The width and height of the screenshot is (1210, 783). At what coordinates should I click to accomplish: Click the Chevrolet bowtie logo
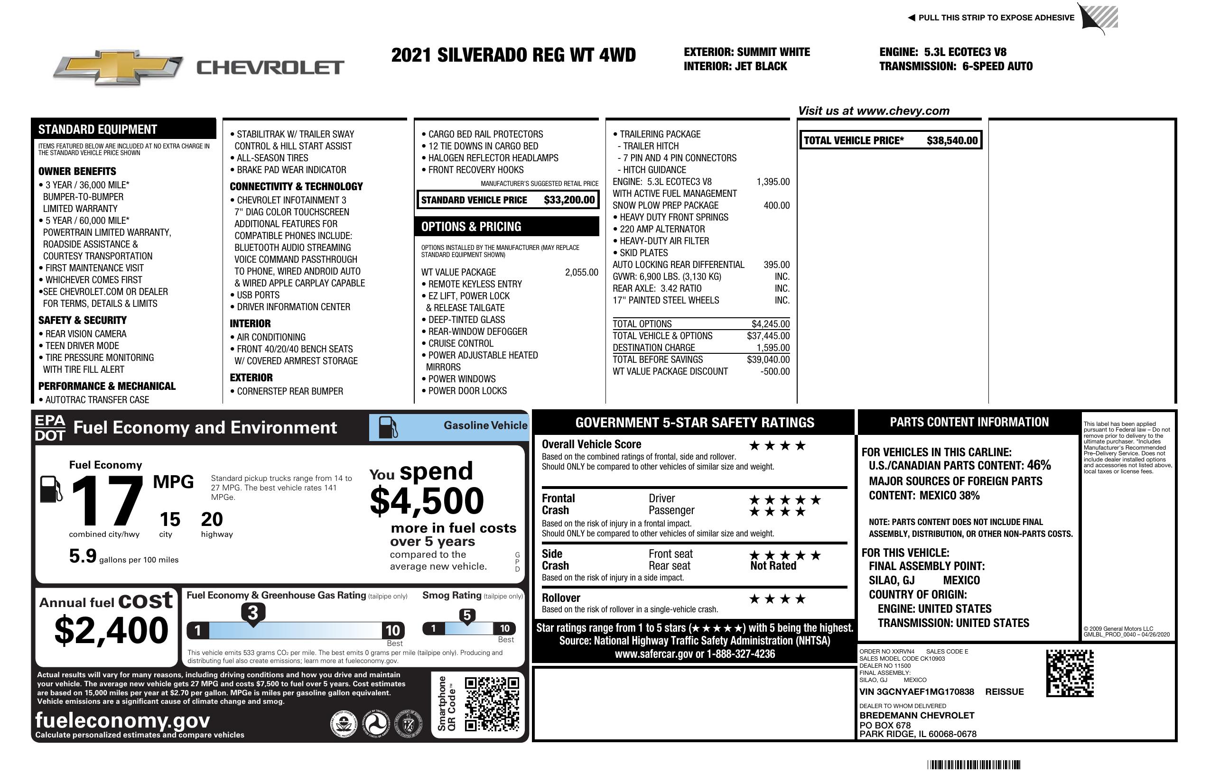[118, 67]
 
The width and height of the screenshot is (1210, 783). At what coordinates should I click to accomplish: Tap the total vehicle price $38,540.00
[952, 141]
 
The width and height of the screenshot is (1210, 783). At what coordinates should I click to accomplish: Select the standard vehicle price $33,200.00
[569, 200]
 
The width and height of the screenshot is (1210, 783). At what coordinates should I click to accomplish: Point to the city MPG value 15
[170, 519]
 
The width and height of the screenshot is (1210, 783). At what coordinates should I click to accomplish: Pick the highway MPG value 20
[212, 519]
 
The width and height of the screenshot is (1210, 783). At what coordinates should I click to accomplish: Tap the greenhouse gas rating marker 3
[252, 613]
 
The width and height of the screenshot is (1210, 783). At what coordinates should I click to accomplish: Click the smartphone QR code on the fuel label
[492, 704]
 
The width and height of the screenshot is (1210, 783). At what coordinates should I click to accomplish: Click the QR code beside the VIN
[1070, 673]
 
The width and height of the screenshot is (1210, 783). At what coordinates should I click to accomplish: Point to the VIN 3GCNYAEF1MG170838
[916, 691]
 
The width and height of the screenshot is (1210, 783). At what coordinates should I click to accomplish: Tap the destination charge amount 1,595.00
[773, 348]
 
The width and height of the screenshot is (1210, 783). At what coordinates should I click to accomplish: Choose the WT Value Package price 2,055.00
[582, 272]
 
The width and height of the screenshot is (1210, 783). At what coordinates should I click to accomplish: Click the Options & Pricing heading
[471, 227]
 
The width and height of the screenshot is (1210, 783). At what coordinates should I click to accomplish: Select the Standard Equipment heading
[98, 129]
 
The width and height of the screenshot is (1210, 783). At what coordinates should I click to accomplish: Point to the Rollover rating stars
[777, 599]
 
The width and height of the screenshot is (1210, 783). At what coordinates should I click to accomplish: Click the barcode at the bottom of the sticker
[974, 765]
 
